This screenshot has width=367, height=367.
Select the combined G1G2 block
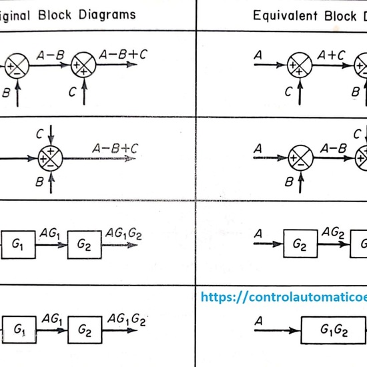334,330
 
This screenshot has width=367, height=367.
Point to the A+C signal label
331,56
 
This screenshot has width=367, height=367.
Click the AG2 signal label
332,232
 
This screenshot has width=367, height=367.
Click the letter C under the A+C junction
288,93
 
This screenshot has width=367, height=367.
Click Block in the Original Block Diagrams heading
62,14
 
